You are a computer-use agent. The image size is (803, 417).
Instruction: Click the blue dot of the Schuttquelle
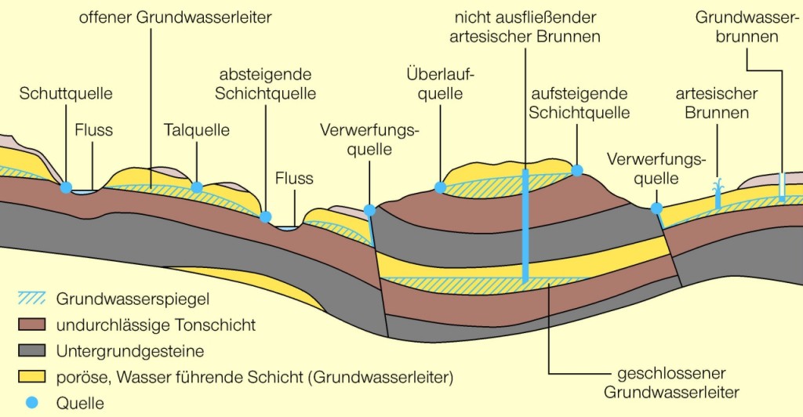click(x=66, y=187)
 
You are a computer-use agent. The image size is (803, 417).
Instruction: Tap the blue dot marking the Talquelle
click(x=197, y=187)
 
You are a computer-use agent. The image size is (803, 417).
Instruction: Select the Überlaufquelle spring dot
click(x=440, y=187)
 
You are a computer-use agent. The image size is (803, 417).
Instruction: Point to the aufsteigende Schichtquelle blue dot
click(x=578, y=170)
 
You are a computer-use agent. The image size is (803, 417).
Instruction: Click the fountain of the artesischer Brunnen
click(x=717, y=194)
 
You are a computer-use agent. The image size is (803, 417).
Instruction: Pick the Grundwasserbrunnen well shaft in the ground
click(x=782, y=186)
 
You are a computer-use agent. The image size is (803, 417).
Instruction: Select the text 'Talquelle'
click(x=197, y=130)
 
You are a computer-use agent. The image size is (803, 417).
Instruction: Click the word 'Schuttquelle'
click(x=66, y=93)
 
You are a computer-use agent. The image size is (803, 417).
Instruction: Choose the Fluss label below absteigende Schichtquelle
click(x=294, y=179)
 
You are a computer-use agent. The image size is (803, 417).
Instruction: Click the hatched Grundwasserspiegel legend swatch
click(x=31, y=299)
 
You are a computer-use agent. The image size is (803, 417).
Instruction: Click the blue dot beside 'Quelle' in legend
click(x=31, y=403)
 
